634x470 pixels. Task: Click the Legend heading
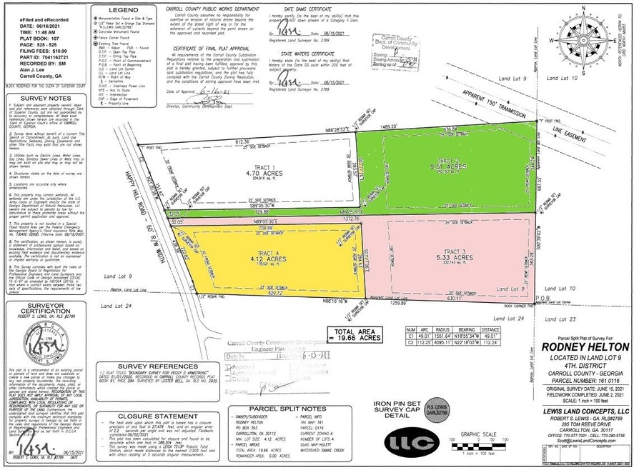tap(121, 11)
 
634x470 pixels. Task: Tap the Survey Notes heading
tap(39, 98)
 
